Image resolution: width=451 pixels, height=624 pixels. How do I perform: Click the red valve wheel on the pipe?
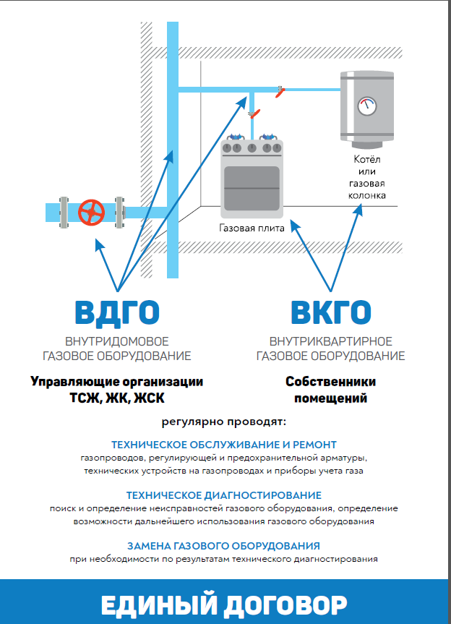[x=91, y=213]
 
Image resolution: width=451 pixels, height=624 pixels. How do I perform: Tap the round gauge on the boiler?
[x=367, y=106]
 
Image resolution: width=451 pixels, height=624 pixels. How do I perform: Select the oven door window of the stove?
[x=252, y=188]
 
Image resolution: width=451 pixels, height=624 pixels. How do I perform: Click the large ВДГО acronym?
[x=117, y=313]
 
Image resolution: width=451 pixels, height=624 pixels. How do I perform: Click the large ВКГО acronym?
[x=331, y=312]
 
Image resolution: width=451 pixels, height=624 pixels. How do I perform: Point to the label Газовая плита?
[x=252, y=228]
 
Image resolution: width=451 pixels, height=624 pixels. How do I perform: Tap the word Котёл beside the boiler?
[x=367, y=159]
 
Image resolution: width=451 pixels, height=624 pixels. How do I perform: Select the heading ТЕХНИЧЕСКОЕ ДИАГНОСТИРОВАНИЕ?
[x=224, y=495]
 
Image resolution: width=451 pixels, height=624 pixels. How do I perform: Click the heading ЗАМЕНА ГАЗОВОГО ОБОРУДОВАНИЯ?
[x=223, y=546]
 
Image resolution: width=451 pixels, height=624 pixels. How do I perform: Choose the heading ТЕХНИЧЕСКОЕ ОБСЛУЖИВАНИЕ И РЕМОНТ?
[x=224, y=445]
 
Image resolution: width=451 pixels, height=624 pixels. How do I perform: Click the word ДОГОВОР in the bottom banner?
[x=285, y=606]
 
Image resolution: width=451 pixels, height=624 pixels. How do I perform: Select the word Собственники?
[x=330, y=381]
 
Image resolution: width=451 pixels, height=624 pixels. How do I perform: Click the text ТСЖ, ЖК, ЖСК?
[x=117, y=398]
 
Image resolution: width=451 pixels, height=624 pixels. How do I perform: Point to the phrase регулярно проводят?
[x=224, y=422]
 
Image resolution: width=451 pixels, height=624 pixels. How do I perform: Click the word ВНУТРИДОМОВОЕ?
[x=117, y=341]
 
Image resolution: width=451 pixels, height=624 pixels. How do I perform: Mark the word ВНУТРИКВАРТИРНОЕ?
[x=331, y=341]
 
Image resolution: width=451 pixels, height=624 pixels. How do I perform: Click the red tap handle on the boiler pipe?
[x=280, y=93]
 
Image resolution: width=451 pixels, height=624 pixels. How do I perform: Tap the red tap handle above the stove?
[x=255, y=114]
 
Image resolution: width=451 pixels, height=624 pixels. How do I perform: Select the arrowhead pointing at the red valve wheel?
[x=99, y=244]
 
